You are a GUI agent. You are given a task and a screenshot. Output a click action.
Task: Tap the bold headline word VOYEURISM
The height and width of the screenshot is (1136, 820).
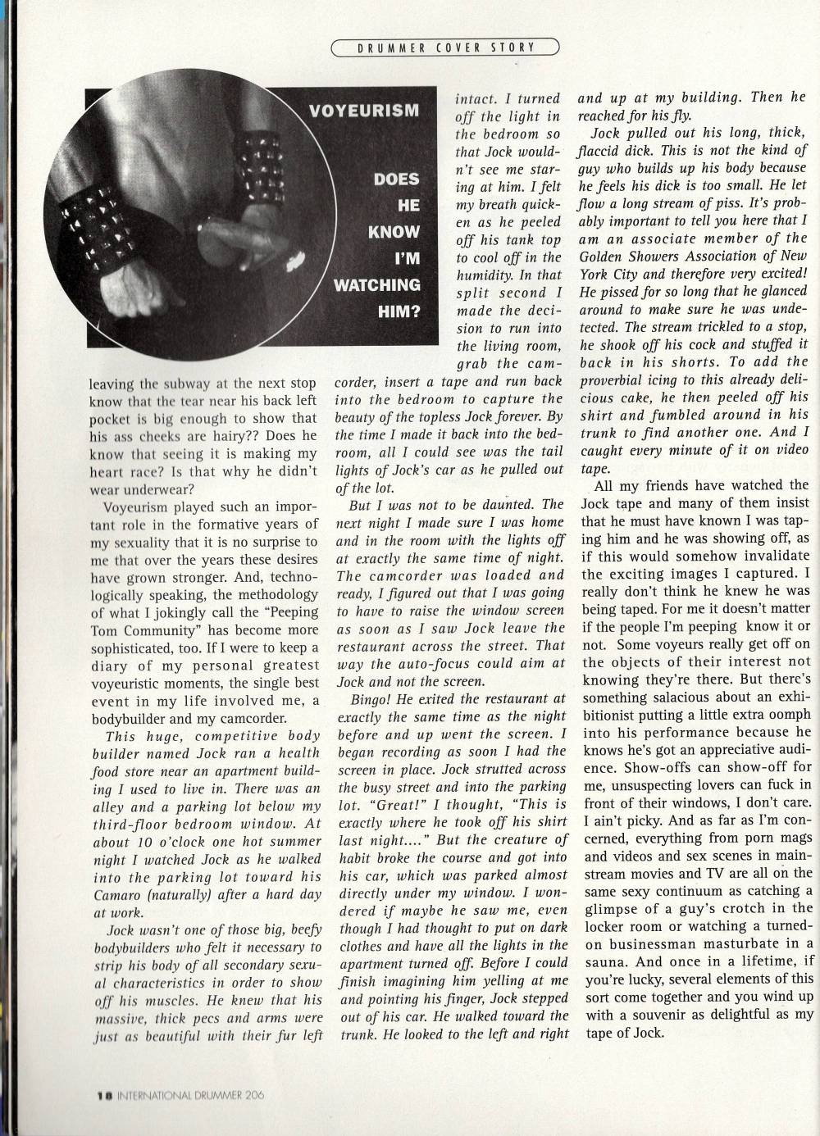point(364,110)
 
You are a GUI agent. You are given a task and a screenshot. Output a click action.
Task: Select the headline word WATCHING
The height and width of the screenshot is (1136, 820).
point(376,285)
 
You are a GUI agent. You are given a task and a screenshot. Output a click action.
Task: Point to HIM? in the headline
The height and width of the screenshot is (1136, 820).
point(399,311)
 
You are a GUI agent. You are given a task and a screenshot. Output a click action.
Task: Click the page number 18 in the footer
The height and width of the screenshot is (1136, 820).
point(104,1093)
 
